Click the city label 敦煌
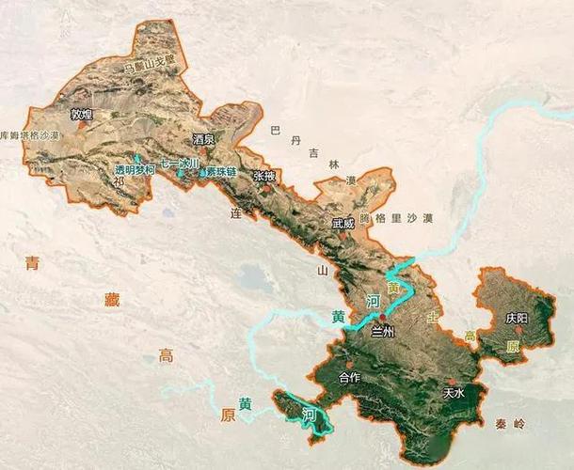point(82,115)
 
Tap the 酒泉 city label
point(203,139)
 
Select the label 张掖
point(264,176)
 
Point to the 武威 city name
point(343,224)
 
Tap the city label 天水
point(454,393)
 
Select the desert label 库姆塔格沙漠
point(30,135)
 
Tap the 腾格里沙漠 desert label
point(403,218)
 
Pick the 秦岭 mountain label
point(507,424)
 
